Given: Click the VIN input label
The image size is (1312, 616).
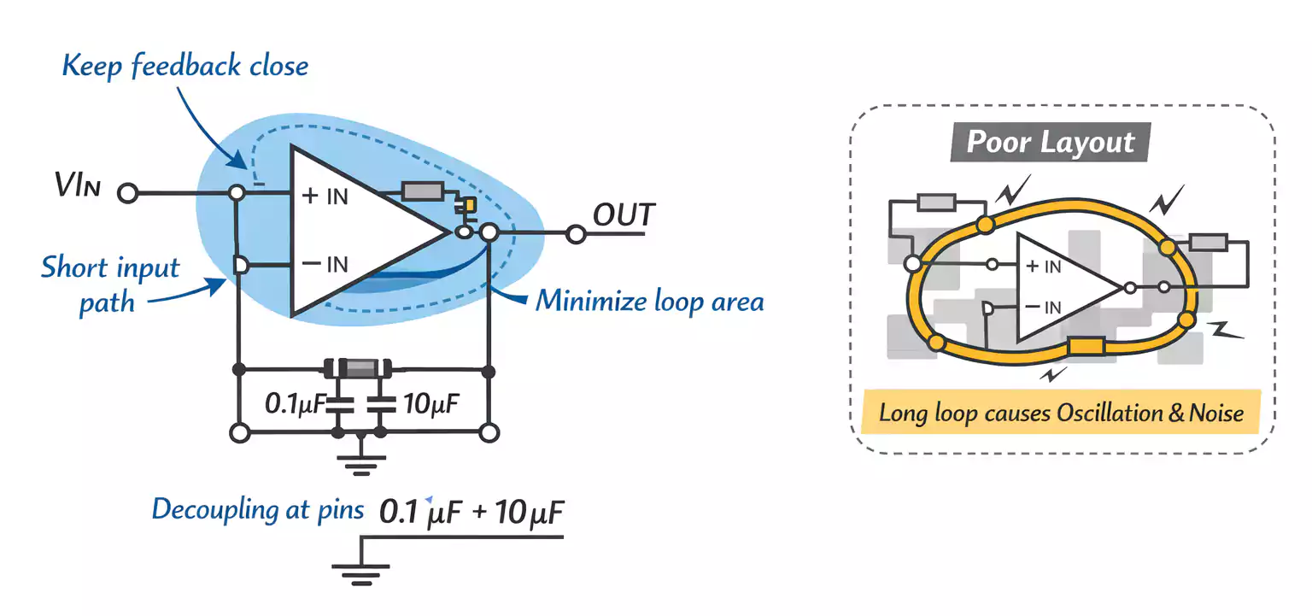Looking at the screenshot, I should [x=78, y=186].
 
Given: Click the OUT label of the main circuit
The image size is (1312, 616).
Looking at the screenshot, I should [x=624, y=215].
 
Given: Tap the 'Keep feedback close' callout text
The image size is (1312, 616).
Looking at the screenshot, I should [x=185, y=66].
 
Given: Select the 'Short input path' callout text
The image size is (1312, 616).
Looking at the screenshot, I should [x=110, y=285].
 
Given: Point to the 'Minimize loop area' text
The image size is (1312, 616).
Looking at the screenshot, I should [x=649, y=301].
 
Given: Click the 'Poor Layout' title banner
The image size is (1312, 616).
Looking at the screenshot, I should [x=1051, y=142].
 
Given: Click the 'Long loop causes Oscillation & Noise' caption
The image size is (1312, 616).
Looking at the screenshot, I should [x=1061, y=414].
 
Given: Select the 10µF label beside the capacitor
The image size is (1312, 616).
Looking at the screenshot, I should [x=431, y=402].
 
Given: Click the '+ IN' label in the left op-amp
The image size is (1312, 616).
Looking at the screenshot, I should [x=325, y=196].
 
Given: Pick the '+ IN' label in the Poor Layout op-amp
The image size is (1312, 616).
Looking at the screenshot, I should [x=1043, y=267].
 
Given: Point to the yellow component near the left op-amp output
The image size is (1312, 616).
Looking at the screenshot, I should [x=469, y=206].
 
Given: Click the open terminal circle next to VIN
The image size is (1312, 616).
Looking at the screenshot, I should [x=127, y=194].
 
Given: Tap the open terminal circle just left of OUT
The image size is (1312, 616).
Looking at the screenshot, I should [x=576, y=232].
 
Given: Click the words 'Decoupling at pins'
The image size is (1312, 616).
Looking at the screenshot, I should [x=258, y=509].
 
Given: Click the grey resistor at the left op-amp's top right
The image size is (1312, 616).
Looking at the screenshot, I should [x=422, y=191].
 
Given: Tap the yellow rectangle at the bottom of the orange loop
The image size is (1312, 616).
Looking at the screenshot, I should [x=1086, y=347].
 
